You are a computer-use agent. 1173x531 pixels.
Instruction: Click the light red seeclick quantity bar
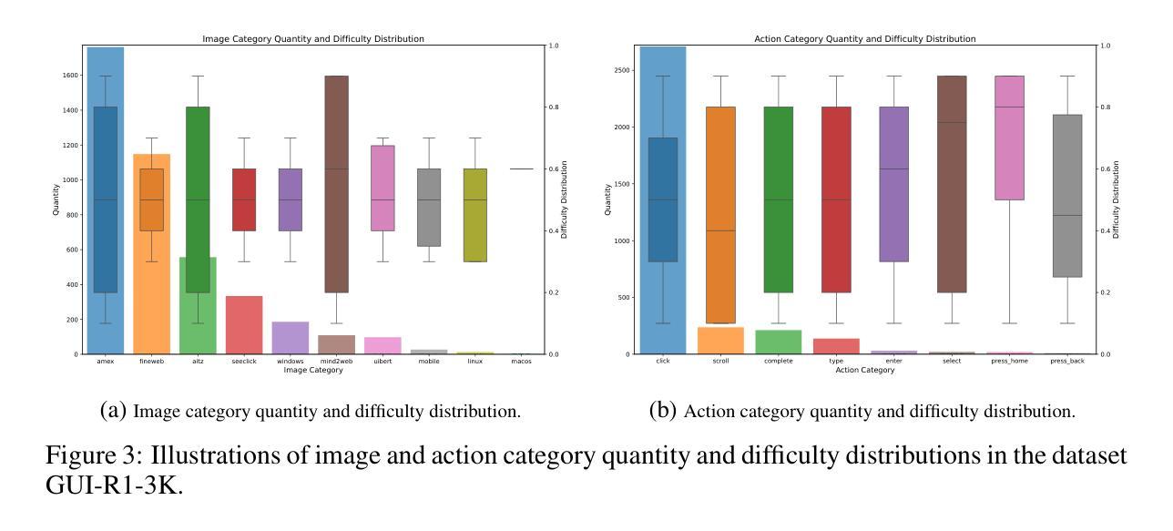pos(244,325)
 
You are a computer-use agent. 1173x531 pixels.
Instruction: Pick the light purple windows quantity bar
pos(291,338)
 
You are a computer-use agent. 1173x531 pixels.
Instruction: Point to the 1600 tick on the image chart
pos(69,77)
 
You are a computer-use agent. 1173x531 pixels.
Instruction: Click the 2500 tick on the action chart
pos(623,70)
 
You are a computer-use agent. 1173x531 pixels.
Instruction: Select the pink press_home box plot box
pos(1008,138)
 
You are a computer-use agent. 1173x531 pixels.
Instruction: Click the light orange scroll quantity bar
pos(719,341)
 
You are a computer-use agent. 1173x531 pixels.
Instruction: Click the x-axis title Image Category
pos(313,371)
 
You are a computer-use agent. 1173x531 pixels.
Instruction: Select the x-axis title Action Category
pos(864,371)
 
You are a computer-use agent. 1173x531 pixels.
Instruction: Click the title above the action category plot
pos(864,39)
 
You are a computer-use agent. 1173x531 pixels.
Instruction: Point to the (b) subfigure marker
pos(663,411)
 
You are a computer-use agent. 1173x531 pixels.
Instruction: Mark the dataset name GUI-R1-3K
pos(114,485)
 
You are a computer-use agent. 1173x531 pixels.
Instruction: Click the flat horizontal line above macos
pos(522,168)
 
